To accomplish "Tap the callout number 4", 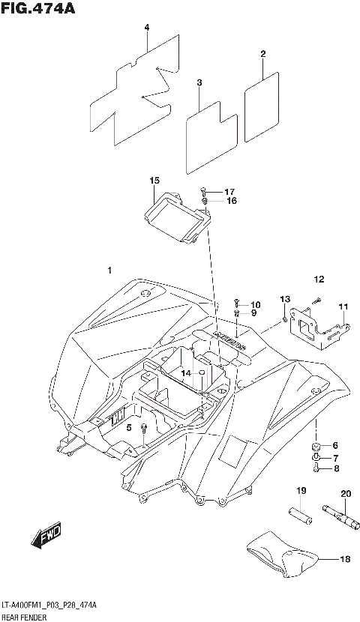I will pyautogui.click(x=147, y=28).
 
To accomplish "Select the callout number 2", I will pyautogui.click(x=263, y=54).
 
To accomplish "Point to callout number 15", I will pyautogui.click(x=154, y=181).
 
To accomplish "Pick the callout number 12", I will pyautogui.click(x=319, y=280).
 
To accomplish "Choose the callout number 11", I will pyautogui.click(x=343, y=306).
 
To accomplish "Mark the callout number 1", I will pyautogui.click(x=109, y=269).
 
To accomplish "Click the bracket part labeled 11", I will pyautogui.click(x=319, y=324).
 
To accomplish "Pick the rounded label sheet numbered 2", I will pyautogui.click(x=262, y=106).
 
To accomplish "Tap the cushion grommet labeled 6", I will pyautogui.click(x=318, y=446).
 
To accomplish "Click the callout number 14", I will pyautogui.click(x=185, y=372).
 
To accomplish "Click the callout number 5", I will pyautogui.click(x=128, y=427).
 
